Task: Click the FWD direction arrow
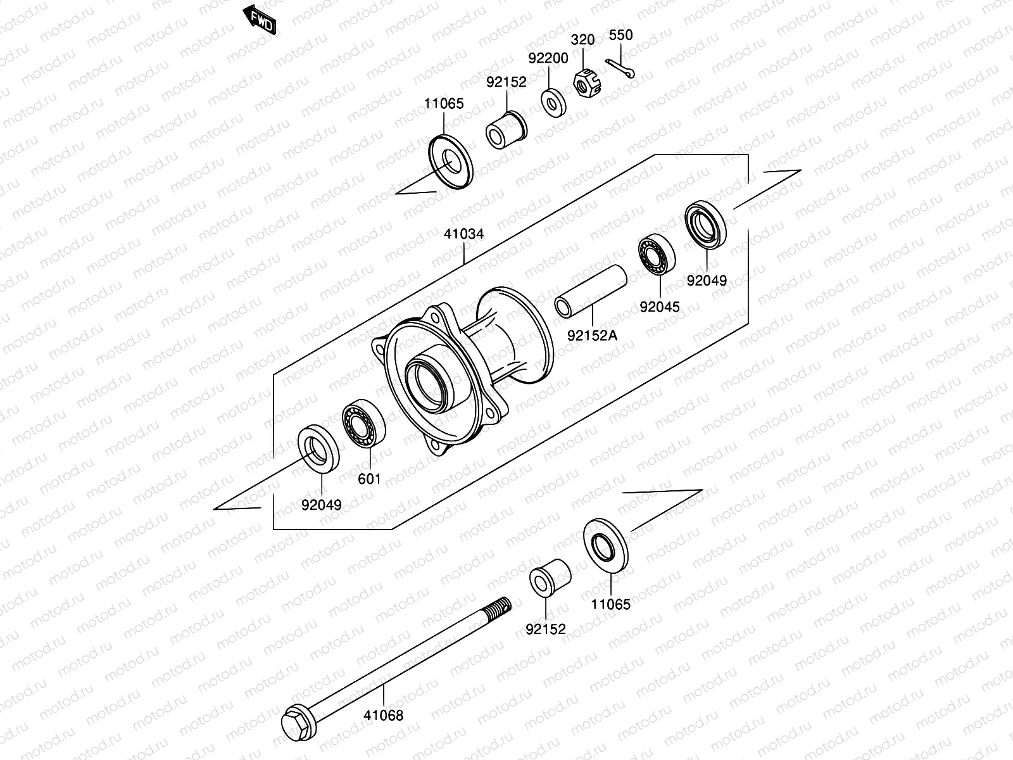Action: [x=260, y=20]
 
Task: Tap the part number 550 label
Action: [x=620, y=35]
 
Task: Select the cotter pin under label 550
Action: [x=620, y=68]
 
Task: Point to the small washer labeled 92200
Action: [x=553, y=103]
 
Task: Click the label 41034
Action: [x=463, y=234]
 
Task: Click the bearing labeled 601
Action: [x=364, y=423]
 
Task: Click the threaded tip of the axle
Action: [x=500, y=606]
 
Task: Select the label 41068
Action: [x=383, y=716]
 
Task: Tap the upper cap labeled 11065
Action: [x=450, y=161]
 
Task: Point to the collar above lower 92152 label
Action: [x=549, y=577]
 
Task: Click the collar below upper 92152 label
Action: [x=507, y=130]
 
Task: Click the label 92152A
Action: [x=592, y=335]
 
